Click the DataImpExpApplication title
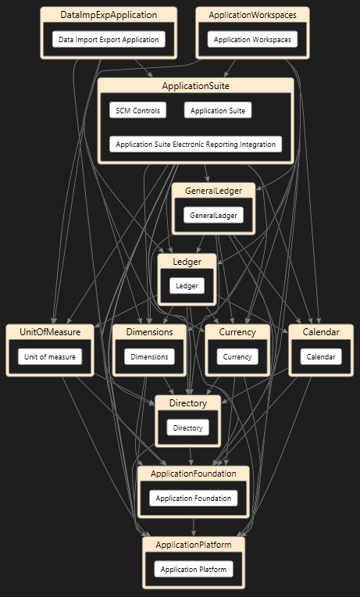coord(109,15)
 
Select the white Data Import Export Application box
coord(109,39)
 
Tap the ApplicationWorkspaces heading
coord(252,15)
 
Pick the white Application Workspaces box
coord(252,39)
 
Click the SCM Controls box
coord(137,110)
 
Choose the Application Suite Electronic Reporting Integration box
coord(195,145)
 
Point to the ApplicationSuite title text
coord(195,86)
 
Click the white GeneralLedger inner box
coord(213,215)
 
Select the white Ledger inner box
coord(187,286)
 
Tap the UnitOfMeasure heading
coord(50,332)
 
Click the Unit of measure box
coord(50,357)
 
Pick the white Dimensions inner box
coord(150,357)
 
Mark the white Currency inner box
coord(237,357)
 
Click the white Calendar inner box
coord(321,357)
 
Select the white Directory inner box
coord(188,427)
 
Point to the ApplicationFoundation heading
coord(194,474)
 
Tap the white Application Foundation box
coord(194,498)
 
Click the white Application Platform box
coord(194,569)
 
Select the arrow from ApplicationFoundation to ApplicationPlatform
coord(194,527)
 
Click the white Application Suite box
coord(218,110)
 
